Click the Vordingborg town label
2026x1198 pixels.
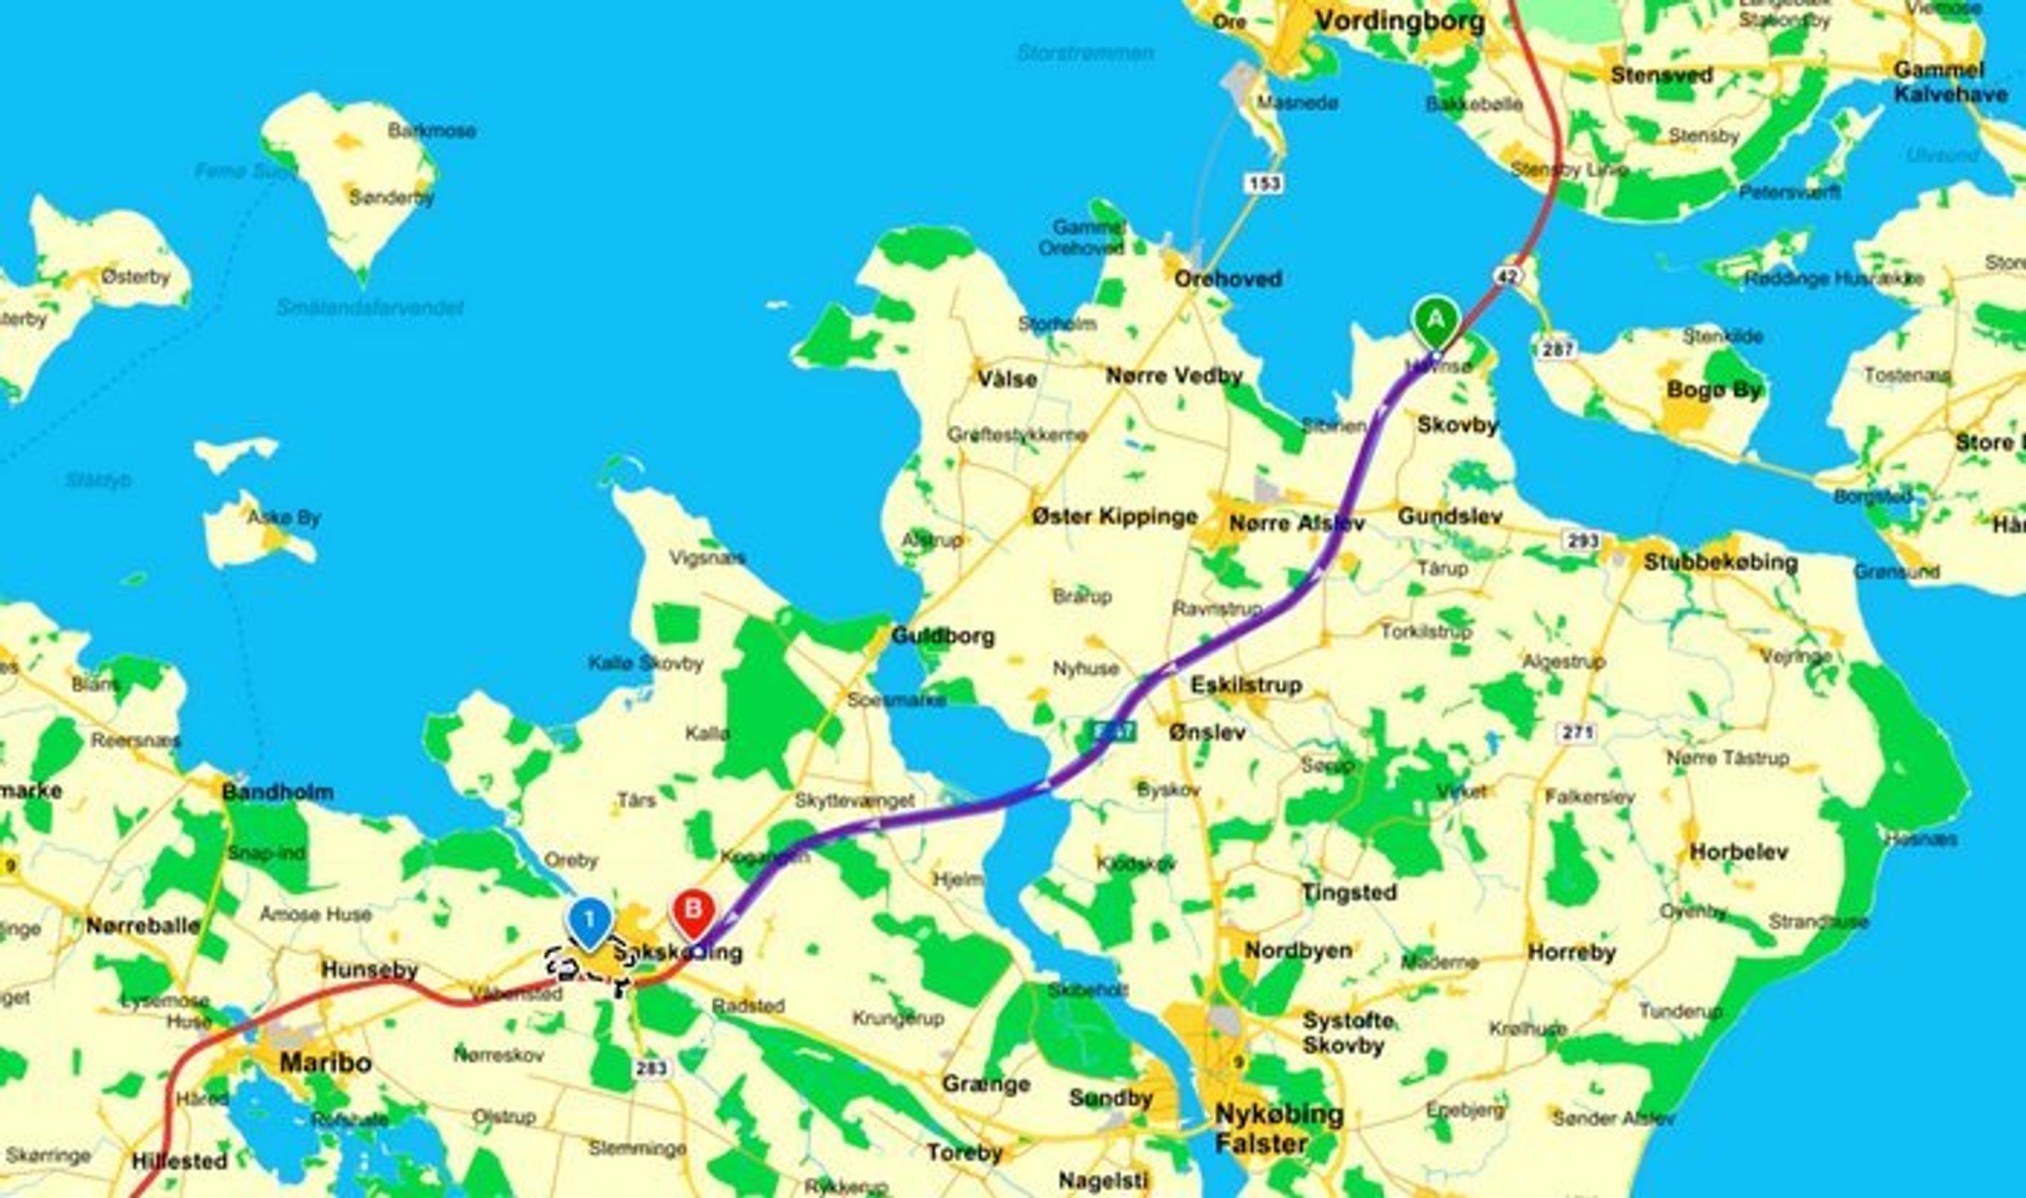[x=1399, y=21]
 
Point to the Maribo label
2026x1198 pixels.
[x=326, y=1063]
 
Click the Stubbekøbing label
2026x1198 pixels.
[x=1720, y=562]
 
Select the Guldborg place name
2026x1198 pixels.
[x=943, y=636]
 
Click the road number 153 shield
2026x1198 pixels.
[x=1263, y=184]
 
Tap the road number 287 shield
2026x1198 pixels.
[x=1557, y=349]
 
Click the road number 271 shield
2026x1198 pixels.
[x=1576, y=733]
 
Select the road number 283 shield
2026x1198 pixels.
[x=650, y=1068]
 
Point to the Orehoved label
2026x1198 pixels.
[x=1228, y=280]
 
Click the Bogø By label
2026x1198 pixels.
[x=1713, y=391]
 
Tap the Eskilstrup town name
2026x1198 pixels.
[x=1246, y=685]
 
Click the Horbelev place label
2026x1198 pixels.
[x=1739, y=852]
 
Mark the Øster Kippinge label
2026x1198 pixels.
[x=1114, y=516]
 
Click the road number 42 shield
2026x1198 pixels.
[x=1507, y=276]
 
